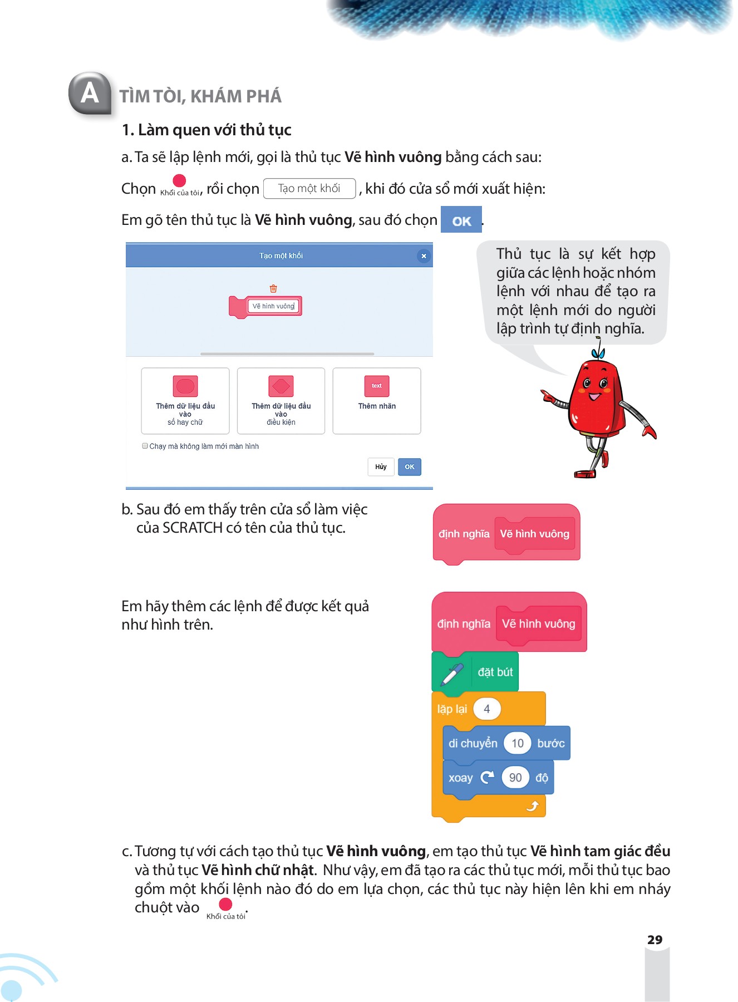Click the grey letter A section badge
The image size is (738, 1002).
coord(90,93)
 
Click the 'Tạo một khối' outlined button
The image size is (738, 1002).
coord(309,189)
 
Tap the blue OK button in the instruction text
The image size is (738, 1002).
coord(461,220)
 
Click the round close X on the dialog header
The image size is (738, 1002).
coord(424,256)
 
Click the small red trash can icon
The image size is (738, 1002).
coord(273,288)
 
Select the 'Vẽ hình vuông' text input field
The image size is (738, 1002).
coord(273,306)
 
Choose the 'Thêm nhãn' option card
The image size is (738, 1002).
coord(377,400)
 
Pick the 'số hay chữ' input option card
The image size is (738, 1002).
coord(185,400)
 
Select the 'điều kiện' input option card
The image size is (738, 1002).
coord(281,400)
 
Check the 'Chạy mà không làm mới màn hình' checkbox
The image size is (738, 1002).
coord(145,446)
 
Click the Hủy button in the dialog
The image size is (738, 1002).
coord(381,466)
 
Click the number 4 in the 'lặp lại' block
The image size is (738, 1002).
coord(487,709)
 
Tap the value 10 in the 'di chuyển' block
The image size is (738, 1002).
coord(518,743)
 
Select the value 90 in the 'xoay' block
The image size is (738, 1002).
coord(515,778)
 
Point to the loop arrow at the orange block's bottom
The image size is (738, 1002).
coord(533,806)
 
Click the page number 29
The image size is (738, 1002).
coord(655,940)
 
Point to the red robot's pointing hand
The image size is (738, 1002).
coord(547,396)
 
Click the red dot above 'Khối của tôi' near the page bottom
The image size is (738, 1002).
coord(225,904)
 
